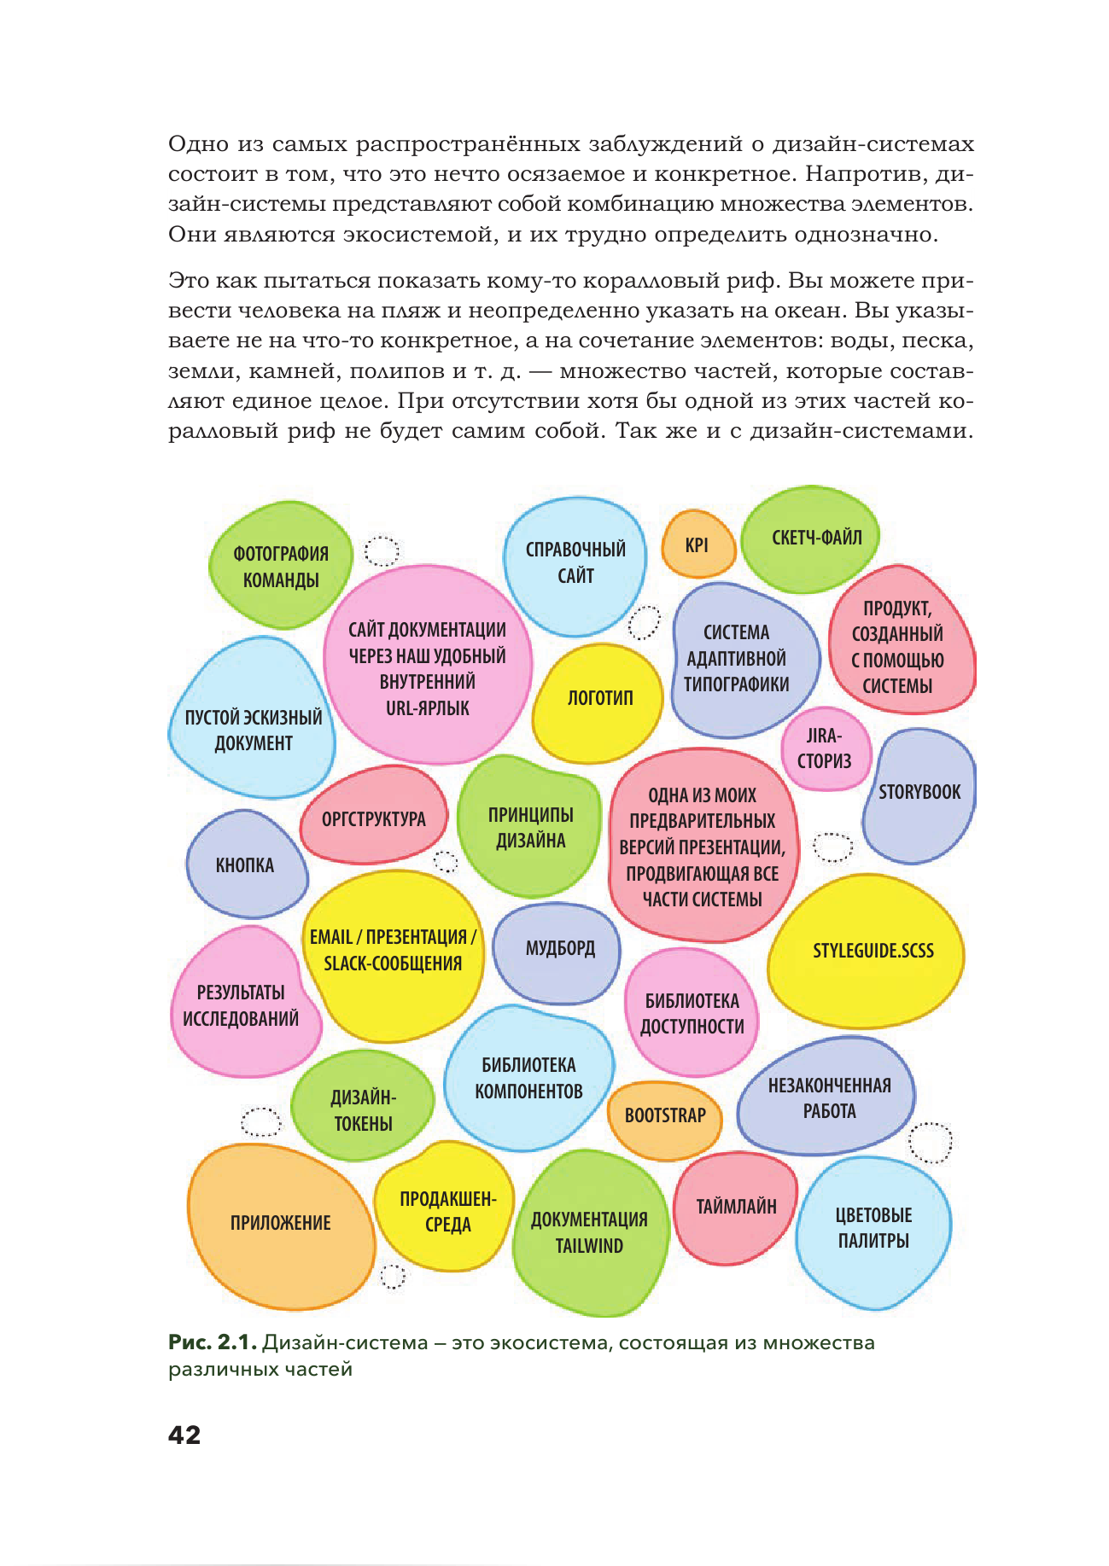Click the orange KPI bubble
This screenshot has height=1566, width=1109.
698,545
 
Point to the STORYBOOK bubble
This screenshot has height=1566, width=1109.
919,794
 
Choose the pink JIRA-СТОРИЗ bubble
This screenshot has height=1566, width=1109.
824,749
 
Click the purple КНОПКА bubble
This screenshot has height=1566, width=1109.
245,865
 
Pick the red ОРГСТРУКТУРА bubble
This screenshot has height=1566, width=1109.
373,818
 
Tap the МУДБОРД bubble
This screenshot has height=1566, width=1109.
558,950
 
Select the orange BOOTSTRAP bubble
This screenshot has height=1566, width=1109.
665,1116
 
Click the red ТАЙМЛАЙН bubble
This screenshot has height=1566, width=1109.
736,1207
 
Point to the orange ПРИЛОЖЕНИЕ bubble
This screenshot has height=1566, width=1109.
281,1224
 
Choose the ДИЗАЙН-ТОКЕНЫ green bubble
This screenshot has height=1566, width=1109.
363,1109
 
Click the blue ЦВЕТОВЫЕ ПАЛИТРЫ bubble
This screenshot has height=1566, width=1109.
873,1229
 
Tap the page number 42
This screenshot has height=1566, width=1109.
184,1435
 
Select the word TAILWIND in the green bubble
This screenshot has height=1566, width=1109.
589,1246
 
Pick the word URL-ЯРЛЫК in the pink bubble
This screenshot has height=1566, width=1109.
427,708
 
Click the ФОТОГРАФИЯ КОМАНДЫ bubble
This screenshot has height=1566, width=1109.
280,566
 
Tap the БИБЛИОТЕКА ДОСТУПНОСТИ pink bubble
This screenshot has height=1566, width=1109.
692,1013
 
